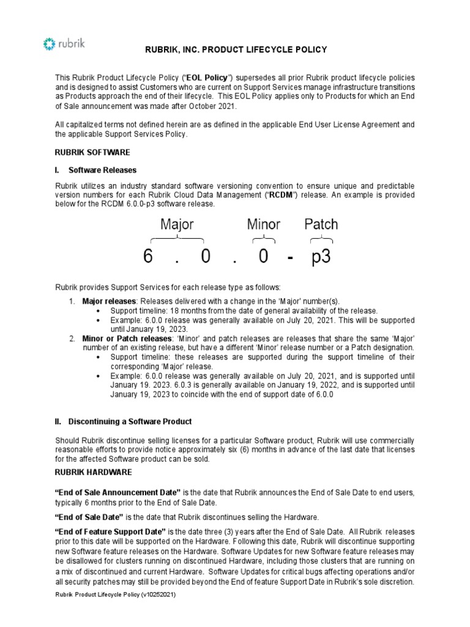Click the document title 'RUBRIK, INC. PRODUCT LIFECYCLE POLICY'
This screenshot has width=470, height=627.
tap(236, 50)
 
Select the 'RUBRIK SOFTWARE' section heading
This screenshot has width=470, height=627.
tap(92, 152)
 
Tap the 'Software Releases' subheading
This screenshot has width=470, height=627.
tap(102, 170)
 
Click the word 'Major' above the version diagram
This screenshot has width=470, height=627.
tap(177, 224)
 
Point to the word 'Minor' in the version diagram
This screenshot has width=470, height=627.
tap(264, 224)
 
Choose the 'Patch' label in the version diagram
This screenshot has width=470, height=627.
tap(321, 224)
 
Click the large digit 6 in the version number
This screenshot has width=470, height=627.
tap(148, 257)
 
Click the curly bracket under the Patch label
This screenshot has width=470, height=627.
tap(321, 239)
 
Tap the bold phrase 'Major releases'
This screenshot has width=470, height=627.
tap(108, 301)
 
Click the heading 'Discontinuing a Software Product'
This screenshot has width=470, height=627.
tap(130, 421)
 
